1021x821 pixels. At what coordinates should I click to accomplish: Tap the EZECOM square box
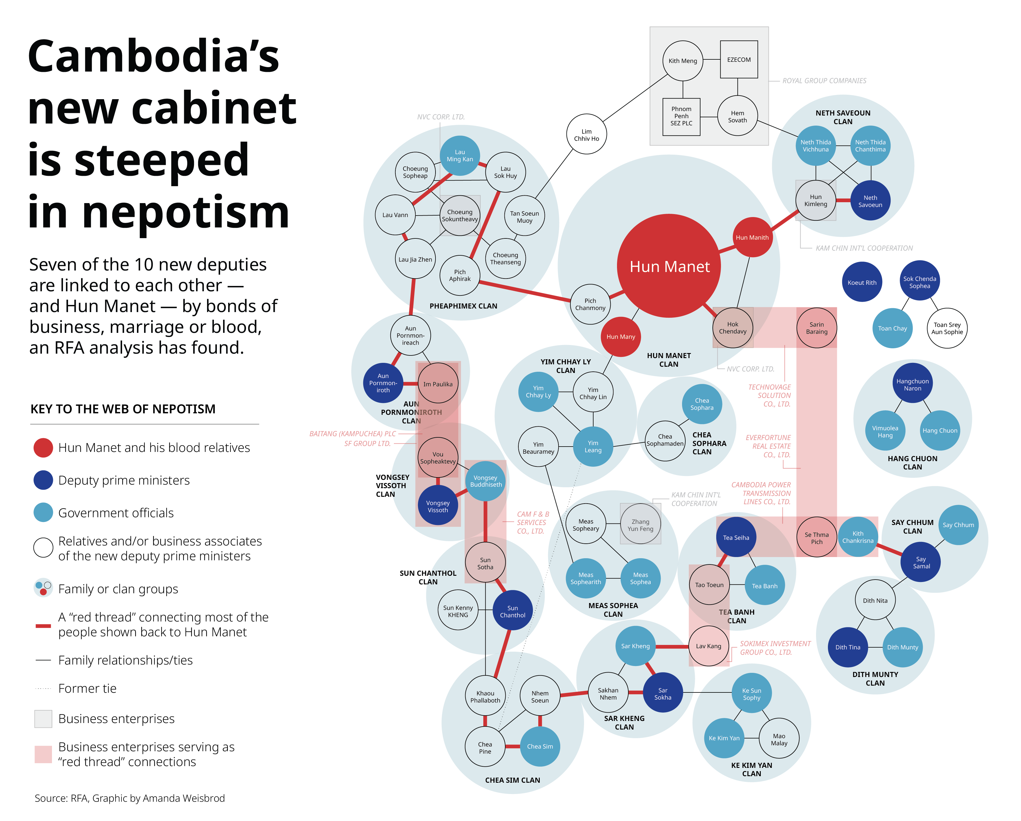pyautogui.click(x=739, y=60)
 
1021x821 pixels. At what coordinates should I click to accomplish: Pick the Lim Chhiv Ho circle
pyautogui.click(x=586, y=135)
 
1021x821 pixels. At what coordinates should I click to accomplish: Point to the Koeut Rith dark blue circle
pyautogui.click(x=862, y=282)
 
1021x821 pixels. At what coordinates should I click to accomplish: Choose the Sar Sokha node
pyautogui.click(x=662, y=693)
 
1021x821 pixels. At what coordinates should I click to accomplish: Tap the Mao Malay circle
pyautogui.click(x=779, y=739)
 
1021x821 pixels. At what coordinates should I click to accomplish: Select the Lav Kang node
pyautogui.click(x=708, y=646)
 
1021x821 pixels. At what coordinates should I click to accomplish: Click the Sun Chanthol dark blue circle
pyautogui.click(x=512, y=611)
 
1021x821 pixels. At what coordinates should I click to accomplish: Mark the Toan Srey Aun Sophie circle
pyautogui.click(x=947, y=328)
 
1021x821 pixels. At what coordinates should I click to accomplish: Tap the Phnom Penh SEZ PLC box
pyautogui.click(x=681, y=116)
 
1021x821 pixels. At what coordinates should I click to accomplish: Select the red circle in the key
pyautogui.click(x=43, y=447)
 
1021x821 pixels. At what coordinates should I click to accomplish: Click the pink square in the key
pyautogui.click(x=43, y=754)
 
